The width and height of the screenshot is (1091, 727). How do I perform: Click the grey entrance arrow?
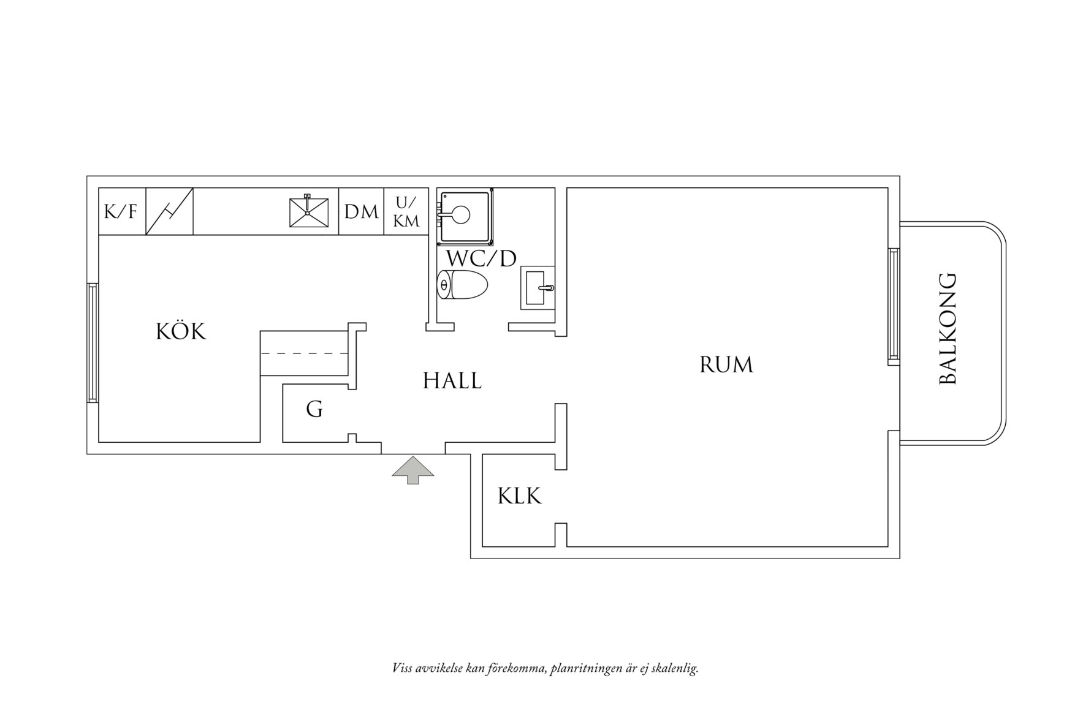tap(413, 470)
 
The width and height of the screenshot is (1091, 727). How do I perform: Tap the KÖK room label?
tap(181, 332)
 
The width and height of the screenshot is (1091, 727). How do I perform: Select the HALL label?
tap(452, 381)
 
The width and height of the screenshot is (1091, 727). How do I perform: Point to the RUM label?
tap(726, 365)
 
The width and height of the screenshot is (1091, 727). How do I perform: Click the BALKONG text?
tap(948, 329)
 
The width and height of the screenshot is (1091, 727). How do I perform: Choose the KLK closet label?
tap(520, 496)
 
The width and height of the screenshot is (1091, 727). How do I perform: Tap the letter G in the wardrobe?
tap(314, 409)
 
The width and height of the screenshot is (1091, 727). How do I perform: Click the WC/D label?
tap(481, 259)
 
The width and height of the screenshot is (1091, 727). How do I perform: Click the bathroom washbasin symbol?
tap(538, 287)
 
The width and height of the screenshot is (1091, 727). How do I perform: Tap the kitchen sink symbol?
tap(309, 211)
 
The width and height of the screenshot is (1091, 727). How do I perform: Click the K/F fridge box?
tap(121, 212)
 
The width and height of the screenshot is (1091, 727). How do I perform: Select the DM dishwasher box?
tap(362, 212)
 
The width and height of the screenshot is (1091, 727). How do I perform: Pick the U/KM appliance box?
tap(406, 212)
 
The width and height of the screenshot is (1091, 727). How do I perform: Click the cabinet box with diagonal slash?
tap(170, 212)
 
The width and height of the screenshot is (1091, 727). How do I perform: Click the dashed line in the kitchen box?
tap(304, 353)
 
